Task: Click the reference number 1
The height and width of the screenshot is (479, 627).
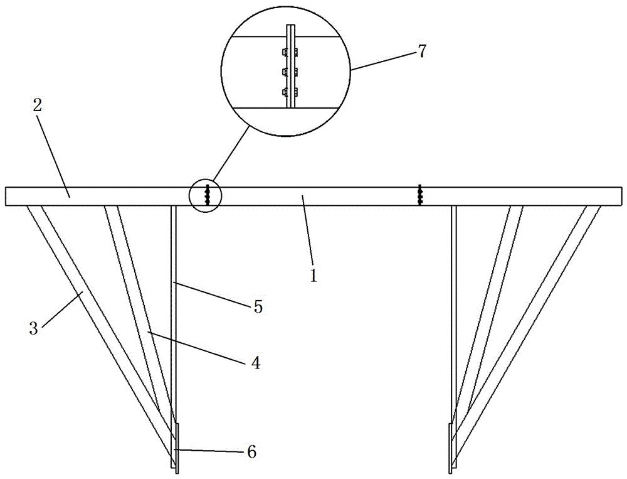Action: click(314, 276)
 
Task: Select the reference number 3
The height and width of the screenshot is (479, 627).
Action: click(34, 329)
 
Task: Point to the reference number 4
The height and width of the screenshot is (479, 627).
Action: click(256, 363)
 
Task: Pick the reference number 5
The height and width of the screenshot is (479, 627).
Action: click(258, 307)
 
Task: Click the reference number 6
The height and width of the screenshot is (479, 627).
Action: click(252, 451)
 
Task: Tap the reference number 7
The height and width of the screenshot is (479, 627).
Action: click(421, 51)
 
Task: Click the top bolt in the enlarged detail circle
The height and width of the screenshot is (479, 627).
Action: click(290, 52)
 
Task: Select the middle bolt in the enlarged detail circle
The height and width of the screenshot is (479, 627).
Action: click(290, 72)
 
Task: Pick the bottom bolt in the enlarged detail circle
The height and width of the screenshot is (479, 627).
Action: click(290, 93)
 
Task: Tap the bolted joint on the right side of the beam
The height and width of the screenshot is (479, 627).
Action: click(419, 195)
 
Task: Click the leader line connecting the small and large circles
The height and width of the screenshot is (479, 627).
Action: click(231, 153)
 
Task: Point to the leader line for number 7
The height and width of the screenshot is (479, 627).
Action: click(382, 60)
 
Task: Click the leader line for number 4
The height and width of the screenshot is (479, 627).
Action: click(196, 347)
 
